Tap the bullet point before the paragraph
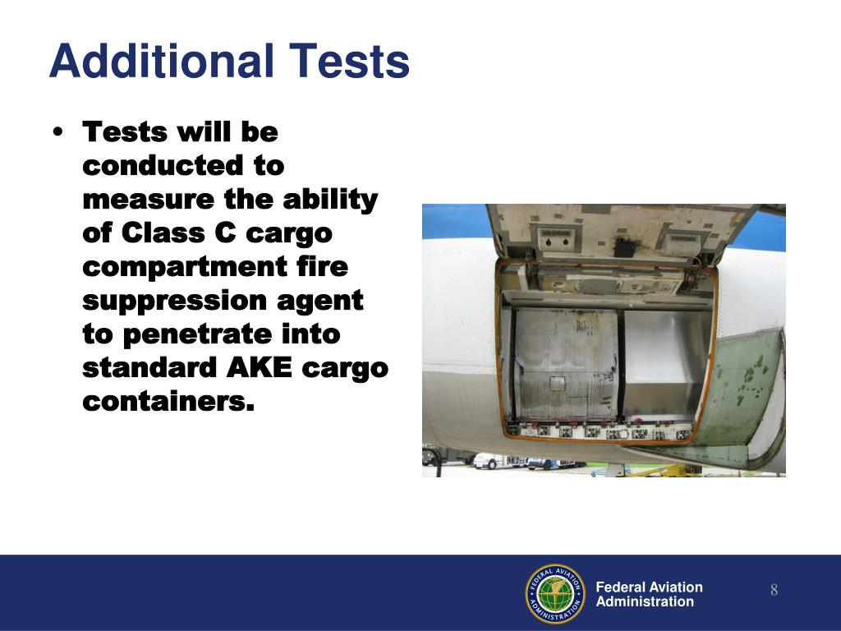click(57, 134)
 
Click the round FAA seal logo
click(554, 593)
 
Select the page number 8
click(774, 591)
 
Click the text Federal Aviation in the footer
click(649, 587)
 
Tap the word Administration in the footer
click(645, 601)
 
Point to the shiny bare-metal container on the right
click(663, 362)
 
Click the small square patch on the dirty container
click(558, 383)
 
